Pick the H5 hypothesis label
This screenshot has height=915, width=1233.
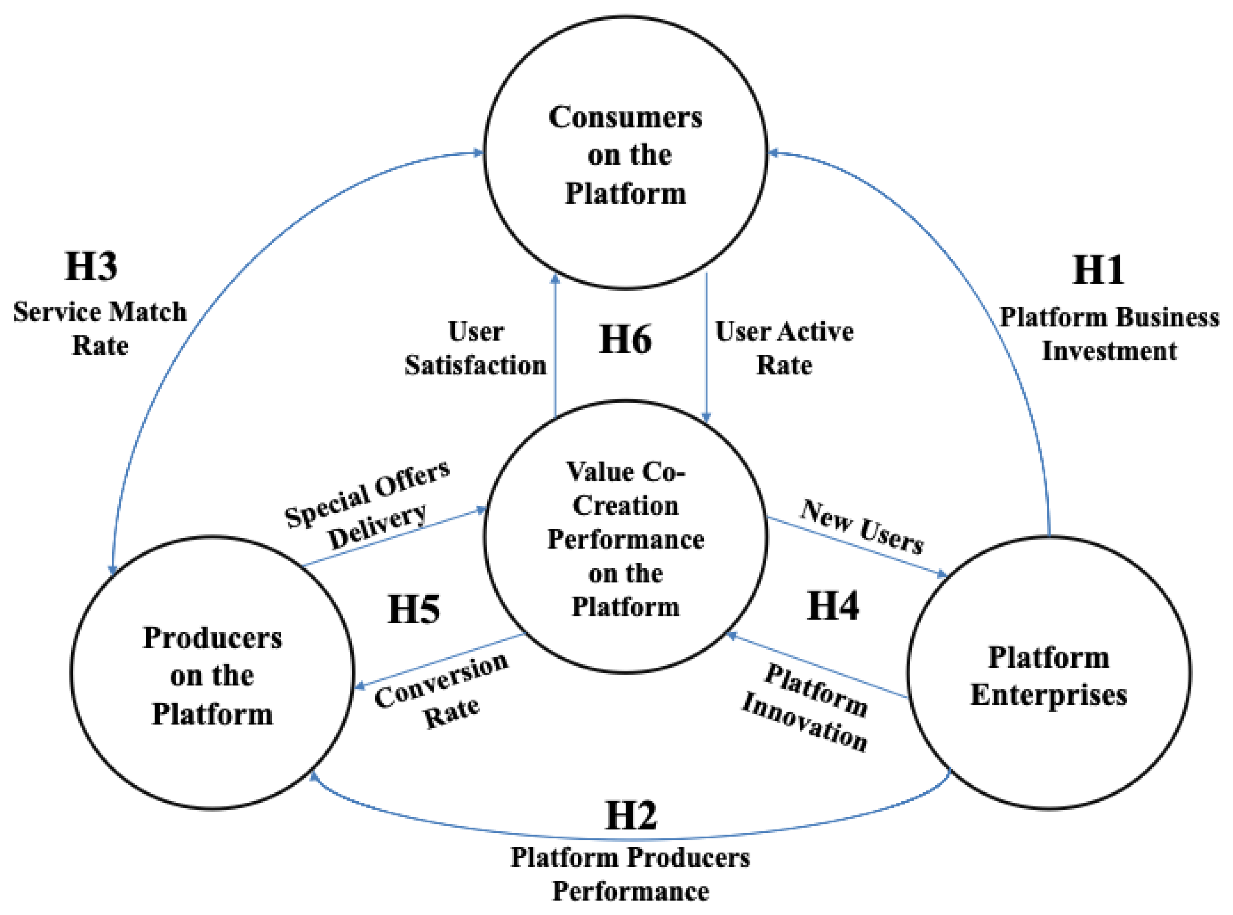(x=413, y=609)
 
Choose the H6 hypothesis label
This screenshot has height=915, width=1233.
(x=625, y=339)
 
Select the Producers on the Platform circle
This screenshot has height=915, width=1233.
(x=212, y=673)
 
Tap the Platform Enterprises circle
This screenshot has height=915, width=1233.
(x=1049, y=673)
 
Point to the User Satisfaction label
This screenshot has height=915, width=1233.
(x=475, y=349)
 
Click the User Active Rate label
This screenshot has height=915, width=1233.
(x=784, y=349)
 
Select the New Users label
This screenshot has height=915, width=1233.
(x=862, y=526)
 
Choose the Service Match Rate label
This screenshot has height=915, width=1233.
(x=100, y=329)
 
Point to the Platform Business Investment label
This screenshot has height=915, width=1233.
(x=1109, y=334)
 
